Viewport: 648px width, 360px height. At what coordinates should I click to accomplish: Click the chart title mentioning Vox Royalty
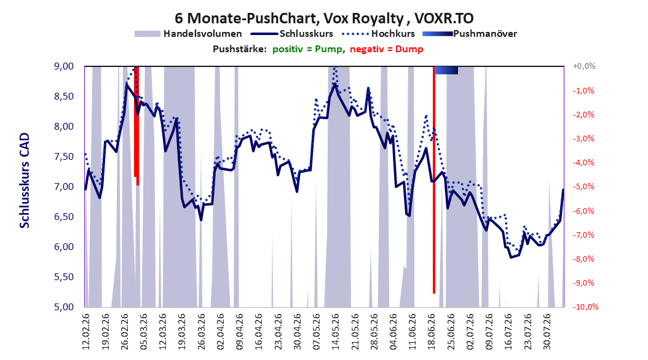(x=324, y=18)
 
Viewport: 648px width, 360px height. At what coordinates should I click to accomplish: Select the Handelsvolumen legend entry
(x=188, y=34)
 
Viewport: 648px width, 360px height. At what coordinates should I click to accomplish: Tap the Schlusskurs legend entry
(x=292, y=34)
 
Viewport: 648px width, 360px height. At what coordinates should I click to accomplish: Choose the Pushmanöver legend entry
(x=470, y=34)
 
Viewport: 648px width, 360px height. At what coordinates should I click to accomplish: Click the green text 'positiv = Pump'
(x=307, y=49)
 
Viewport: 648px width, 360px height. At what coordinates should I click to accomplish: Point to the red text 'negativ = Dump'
(x=387, y=49)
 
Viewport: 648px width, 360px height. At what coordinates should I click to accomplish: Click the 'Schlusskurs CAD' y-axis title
(x=25, y=181)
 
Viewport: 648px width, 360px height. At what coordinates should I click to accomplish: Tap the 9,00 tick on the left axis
(x=64, y=66)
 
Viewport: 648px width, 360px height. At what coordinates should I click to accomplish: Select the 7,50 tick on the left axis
(x=64, y=157)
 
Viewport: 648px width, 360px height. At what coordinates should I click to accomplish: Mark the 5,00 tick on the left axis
(x=64, y=307)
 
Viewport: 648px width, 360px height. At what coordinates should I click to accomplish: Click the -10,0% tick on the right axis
(x=585, y=307)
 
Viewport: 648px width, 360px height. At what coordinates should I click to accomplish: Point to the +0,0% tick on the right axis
(x=584, y=66)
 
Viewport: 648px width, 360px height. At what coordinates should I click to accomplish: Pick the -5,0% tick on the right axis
(x=583, y=187)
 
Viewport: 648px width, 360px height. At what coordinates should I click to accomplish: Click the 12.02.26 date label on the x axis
(x=86, y=332)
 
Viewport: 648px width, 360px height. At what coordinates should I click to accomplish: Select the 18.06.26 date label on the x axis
(x=432, y=332)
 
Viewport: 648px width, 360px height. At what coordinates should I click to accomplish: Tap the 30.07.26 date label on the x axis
(x=547, y=332)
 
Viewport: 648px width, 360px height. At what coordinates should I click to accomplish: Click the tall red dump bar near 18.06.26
(x=434, y=180)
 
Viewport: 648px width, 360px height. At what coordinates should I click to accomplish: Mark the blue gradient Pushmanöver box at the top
(x=446, y=71)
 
